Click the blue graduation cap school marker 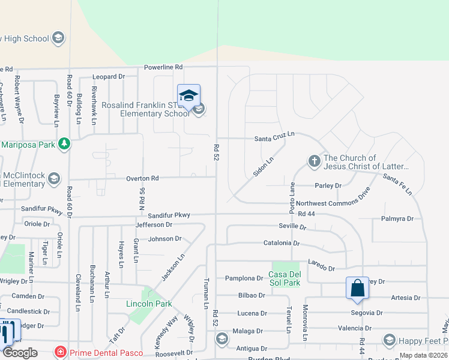[x=188, y=95]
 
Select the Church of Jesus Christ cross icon [x=313, y=161]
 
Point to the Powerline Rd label [x=163, y=68]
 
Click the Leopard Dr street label [x=108, y=77]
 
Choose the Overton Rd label [x=142, y=178]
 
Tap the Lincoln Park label [x=149, y=304]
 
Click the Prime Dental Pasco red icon [x=60, y=352]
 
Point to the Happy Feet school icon [x=389, y=341]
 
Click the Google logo [x=19, y=353]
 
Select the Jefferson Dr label [x=154, y=224]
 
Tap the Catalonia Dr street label [x=281, y=243]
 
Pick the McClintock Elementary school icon [x=54, y=178]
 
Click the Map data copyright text [x=423, y=355]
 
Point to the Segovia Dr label [x=367, y=313]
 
